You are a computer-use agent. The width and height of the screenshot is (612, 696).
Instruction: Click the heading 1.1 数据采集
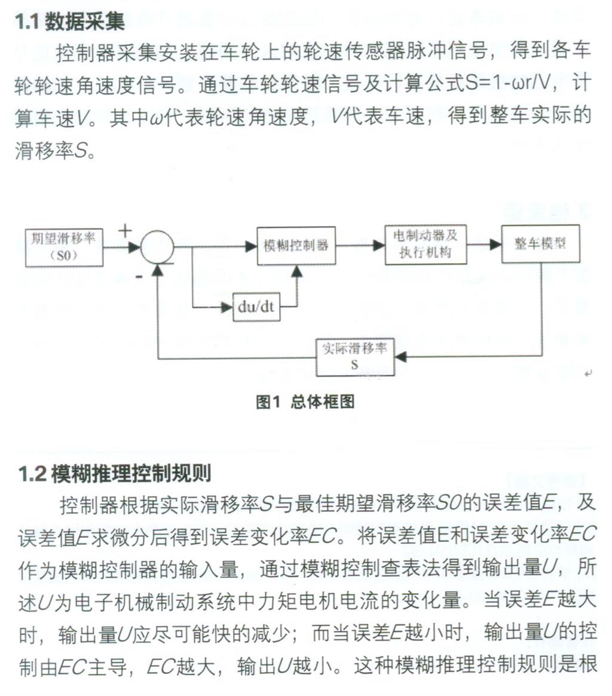(x=70, y=22)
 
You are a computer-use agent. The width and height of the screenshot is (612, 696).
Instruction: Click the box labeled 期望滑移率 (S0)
(x=64, y=247)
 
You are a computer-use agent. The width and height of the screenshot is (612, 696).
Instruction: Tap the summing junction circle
(x=157, y=246)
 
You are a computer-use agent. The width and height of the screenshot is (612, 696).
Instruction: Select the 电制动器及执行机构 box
(x=425, y=244)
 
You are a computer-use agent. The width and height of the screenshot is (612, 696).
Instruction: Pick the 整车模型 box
(x=540, y=245)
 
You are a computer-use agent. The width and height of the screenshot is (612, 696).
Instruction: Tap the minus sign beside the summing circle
(x=139, y=277)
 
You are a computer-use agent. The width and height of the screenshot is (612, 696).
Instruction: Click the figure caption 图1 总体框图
(x=305, y=402)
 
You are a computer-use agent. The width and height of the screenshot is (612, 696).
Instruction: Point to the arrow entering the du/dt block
(x=224, y=308)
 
